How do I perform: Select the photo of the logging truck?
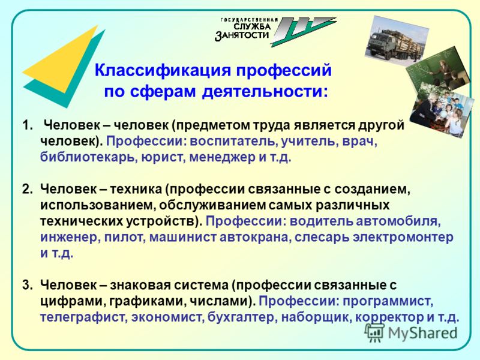click(397, 38)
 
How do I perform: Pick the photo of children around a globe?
click(441, 110)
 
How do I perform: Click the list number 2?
click(27, 190)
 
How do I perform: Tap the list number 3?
click(27, 286)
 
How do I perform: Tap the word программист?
click(388, 302)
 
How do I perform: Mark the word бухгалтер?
click(242, 317)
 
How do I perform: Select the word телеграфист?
click(84, 317)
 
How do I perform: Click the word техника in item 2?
click(136, 190)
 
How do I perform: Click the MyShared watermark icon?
click(374, 332)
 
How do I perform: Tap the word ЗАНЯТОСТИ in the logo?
click(242, 35)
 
